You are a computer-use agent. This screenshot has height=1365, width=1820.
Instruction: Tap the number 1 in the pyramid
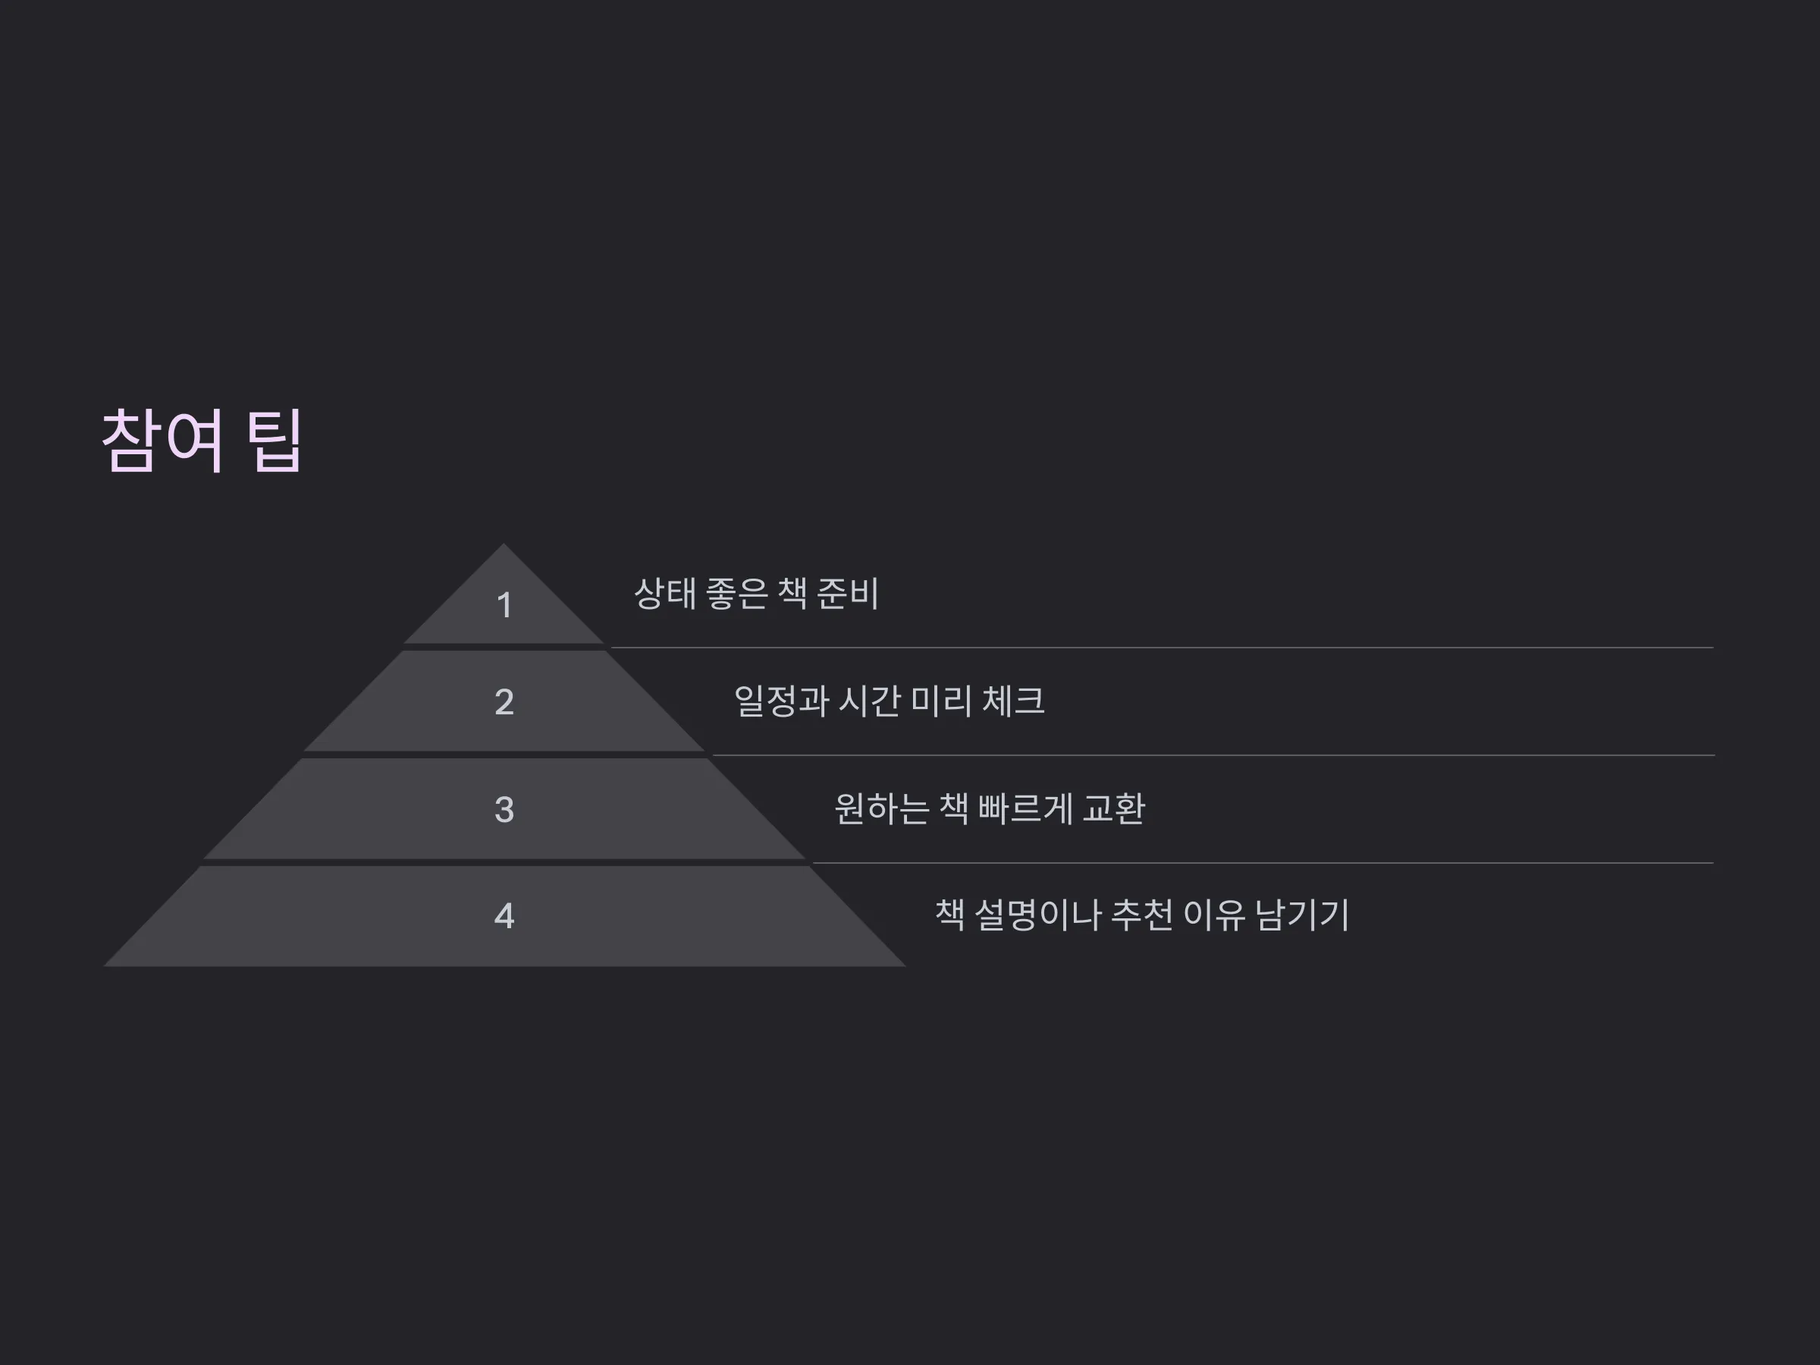point(504,606)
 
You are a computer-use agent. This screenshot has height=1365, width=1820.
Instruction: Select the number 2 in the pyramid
point(504,701)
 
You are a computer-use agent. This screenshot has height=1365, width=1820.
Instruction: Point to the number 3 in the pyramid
point(504,810)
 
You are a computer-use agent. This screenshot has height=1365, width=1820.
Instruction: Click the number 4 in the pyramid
point(504,916)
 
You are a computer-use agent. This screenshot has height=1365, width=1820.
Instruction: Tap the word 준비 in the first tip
point(849,593)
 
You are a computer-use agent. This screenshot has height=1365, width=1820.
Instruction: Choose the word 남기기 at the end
point(1303,915)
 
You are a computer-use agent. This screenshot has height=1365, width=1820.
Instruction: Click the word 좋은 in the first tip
point(737,593)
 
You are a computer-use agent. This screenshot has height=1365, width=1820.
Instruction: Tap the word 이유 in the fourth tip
point(1214,915)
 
